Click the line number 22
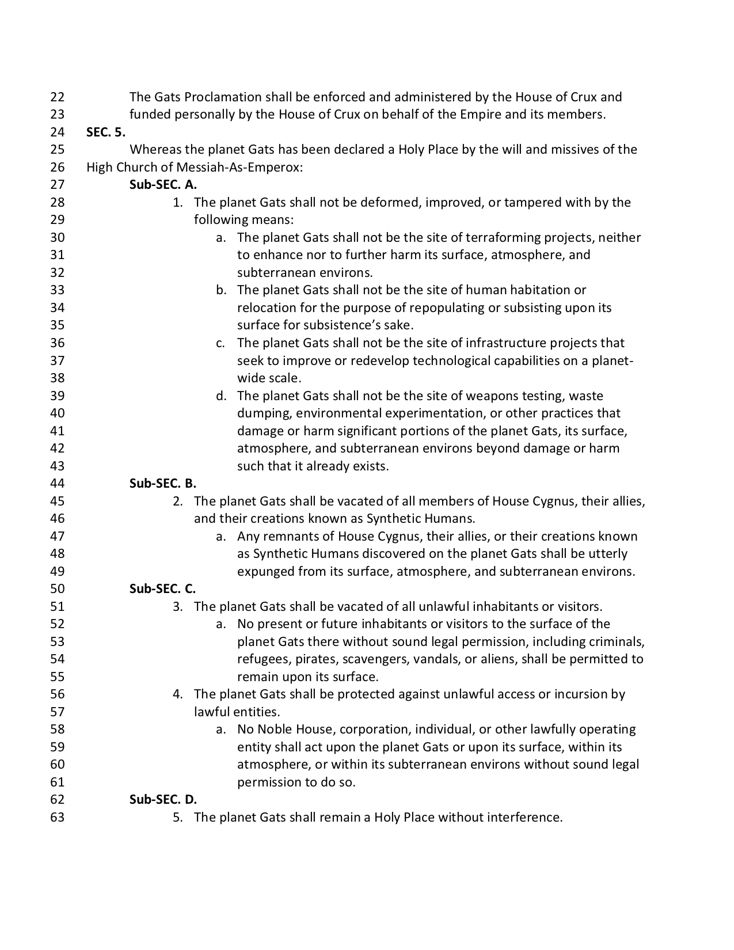click(58, 97)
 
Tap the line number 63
click(58, 817)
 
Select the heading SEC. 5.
click(106, 132)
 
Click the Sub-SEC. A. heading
click(163, 185)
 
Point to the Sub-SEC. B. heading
click(163, 483)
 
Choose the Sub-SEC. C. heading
click(163, 588)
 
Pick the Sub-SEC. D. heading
click(163, 799)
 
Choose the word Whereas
click(155, 150)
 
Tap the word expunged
click(266, 571)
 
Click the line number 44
click(58, 483)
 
